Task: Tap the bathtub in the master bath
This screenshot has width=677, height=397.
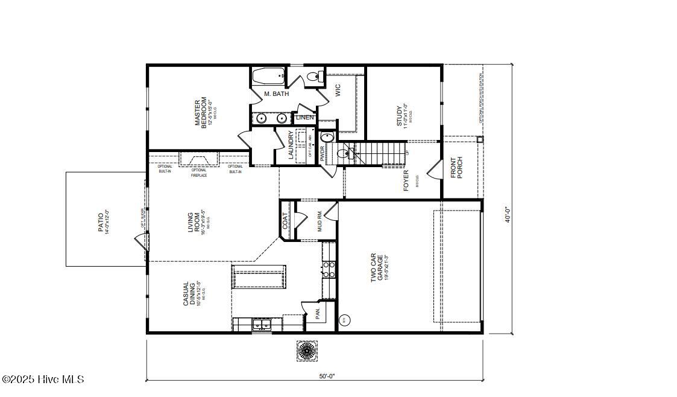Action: click(x=268, y=77)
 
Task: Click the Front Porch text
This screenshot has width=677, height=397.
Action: click(x=457, y=168)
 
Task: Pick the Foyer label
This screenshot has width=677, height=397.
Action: click(x=406, y=180)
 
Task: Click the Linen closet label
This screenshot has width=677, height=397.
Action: click(x=305, y=118)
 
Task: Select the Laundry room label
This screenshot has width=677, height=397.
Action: click(x=291, y=145)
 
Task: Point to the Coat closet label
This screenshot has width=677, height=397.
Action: click(x=285, y=221)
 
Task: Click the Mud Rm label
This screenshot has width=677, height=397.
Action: click(x=320, y=223)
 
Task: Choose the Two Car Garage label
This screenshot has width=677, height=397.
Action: click(x=377, y=267)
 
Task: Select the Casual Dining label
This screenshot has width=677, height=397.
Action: click(x=189, y=294)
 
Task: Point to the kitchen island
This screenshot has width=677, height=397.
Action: click(x=259, y=279)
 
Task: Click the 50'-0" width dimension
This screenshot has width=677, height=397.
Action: click(x=327, y=376)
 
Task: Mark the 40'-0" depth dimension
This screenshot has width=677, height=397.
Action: click(x=508, y=215)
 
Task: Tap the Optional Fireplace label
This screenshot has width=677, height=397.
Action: click(x=199, y=173)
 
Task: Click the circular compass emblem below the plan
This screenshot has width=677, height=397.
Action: click(x=307, y=351)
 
